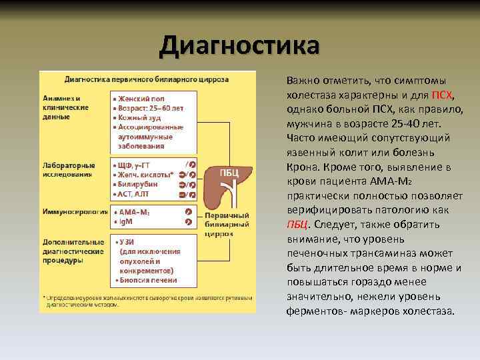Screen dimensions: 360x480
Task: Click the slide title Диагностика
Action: pos(239,46)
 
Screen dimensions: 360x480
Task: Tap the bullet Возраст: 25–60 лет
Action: pos(147,107)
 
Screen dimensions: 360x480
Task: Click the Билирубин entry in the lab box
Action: pos(139,184)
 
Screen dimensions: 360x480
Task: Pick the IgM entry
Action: pos(127,221)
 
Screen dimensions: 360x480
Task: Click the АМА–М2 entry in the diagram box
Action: pos(134,211)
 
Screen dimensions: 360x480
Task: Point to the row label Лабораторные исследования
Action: pos(69,169)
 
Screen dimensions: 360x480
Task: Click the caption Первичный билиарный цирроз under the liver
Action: pos(227,225)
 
